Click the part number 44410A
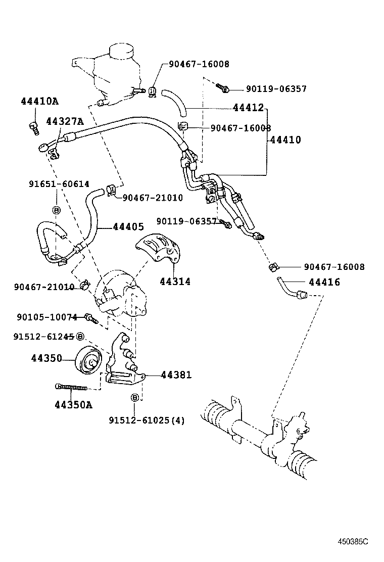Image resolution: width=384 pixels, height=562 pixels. (39, 101)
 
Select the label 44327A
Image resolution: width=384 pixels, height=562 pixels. (64, 121)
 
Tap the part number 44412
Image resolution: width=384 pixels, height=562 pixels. (248, 108)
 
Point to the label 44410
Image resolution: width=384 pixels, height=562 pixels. (285, 140)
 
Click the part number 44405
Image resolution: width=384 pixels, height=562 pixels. (128, 227)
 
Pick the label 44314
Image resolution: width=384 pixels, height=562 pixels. (175, 282)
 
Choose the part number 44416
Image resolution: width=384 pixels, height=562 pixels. (324, 283)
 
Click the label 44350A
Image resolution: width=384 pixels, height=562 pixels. (73, 404)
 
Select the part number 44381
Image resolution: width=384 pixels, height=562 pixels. (177, 375)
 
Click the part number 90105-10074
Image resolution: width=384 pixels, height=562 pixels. (46, 317)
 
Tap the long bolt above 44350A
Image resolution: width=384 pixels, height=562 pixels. (71, 388)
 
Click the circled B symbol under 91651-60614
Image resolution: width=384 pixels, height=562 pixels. (56, 210)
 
